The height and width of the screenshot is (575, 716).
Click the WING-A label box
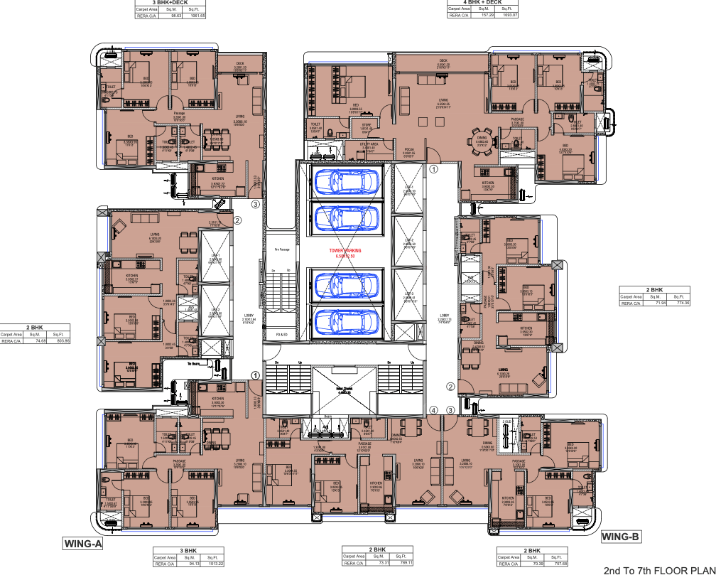click(x=84, y=544)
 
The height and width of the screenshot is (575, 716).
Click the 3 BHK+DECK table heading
click(x=170, y=2)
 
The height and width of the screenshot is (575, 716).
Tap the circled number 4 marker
click(x=433, y=410)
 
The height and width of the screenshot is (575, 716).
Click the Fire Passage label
click(x=282, y=249)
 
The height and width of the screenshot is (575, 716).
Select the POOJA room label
click(x=408, y=151)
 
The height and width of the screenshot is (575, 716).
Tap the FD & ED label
click(x=281, y=334)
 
